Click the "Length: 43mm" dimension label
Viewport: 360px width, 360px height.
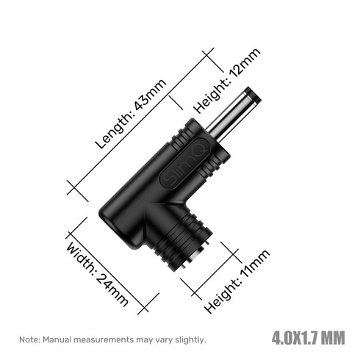pyautogui.click(x=131, y=114)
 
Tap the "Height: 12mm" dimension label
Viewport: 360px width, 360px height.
pyautogui.click(x=227, y=81)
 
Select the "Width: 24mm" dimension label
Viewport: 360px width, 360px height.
pyautogui.click(x=97, y=274)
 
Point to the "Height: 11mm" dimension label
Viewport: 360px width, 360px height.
pyautogui.click(x=237, y=281)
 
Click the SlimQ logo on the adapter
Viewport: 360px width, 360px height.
pyautogui.click(x=185, y=164)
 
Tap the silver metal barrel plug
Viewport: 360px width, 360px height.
pyautogui.click(x=233, y=115)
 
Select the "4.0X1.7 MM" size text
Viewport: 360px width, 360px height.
pyautogui.click(x=309, y=338)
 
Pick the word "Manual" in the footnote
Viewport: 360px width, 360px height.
pyautogui.click(x=57, y=339)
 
